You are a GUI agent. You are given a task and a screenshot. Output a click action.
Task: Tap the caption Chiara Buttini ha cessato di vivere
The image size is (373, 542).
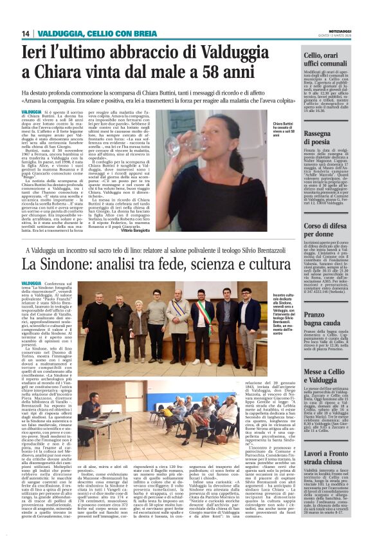coord(287,128)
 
